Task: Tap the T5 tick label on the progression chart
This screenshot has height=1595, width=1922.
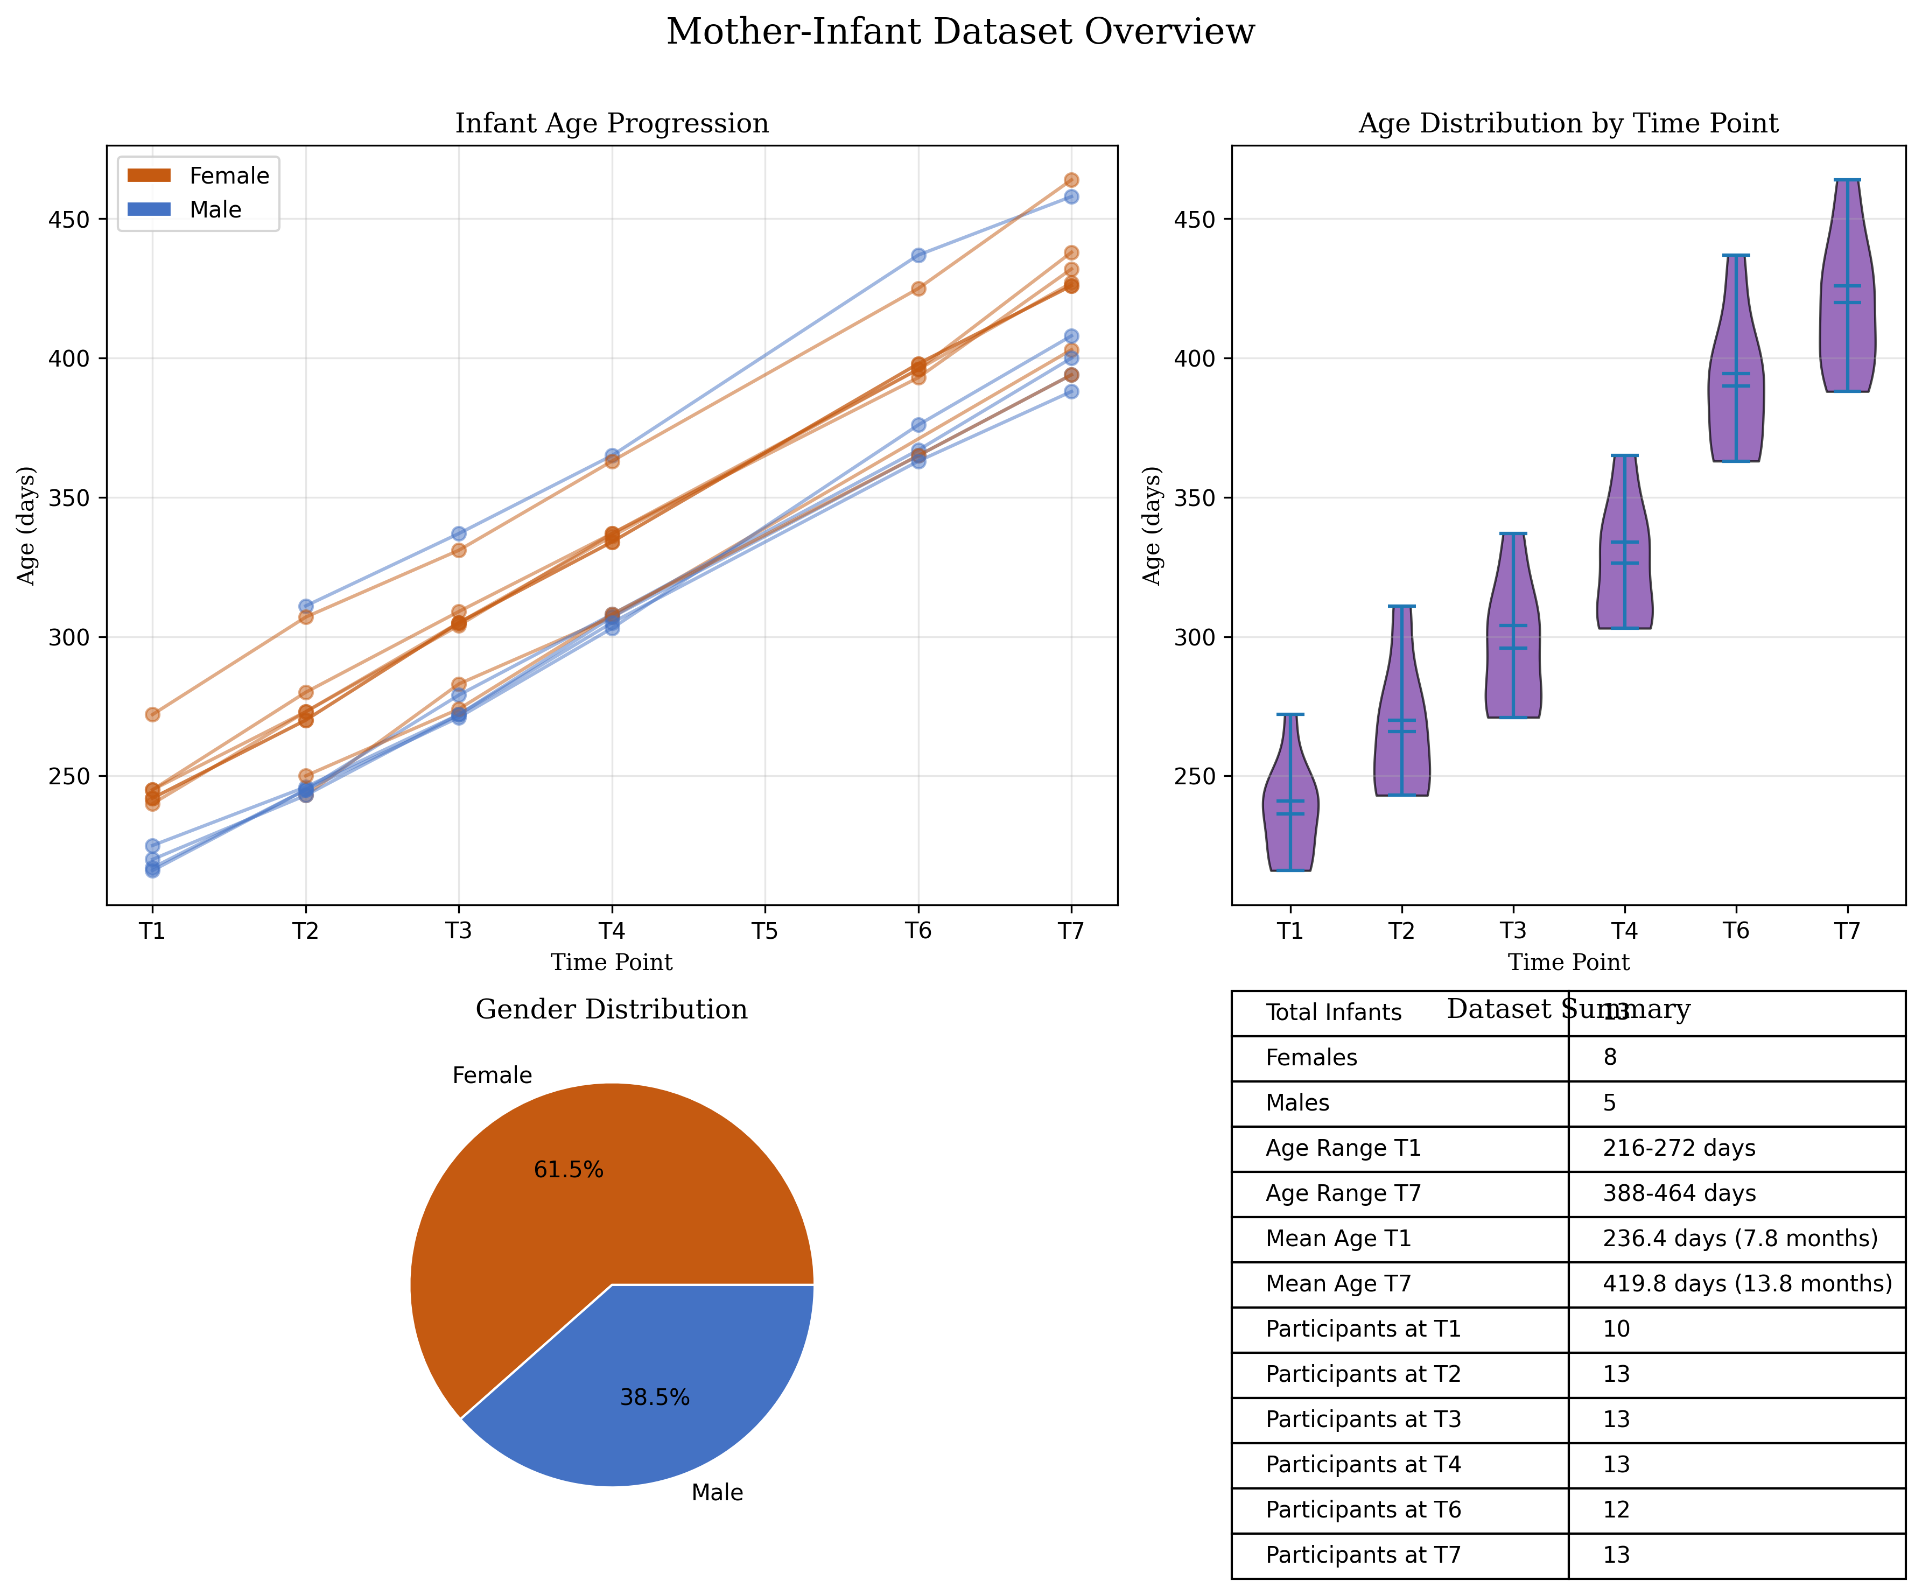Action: point(765,931)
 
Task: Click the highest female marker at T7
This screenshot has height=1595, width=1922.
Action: point(1071,180)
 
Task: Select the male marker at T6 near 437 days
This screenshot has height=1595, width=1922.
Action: point(918,255)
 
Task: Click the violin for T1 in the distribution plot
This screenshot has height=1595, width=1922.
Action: point(1290,805)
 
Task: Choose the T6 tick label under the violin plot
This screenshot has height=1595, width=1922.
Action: point(1735,931)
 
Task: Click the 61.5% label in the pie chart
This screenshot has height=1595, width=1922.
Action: point(569,1170)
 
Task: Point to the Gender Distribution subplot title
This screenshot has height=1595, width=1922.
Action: point(612,1009)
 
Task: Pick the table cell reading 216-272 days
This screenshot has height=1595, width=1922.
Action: point(1679,1148)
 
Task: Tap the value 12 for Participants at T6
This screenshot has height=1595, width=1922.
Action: point(1616,1510)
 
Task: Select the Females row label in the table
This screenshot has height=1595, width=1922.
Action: point(1311,1058)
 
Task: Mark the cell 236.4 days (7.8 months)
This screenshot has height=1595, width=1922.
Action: point(1739,1239)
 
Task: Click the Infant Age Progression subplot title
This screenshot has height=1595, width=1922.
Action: point(612,123)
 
